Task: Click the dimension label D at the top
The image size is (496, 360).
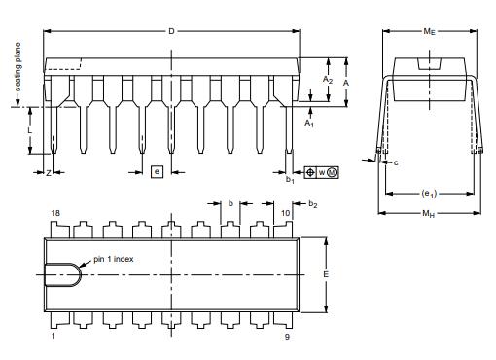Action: coord(171,32)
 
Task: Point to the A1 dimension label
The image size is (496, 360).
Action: coord(309,125)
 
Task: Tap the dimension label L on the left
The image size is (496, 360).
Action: coord(30,128)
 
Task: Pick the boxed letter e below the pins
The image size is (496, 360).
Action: coord(156,172)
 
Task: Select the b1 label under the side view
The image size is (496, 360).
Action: coord(289,179)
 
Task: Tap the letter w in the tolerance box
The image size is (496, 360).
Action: coord(321,172)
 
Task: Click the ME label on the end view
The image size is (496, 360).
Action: coord(429,32)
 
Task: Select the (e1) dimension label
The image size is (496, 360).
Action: coord(429,193)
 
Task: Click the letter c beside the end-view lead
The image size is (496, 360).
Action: coord(397,162)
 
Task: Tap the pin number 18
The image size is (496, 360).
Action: coord(54,212)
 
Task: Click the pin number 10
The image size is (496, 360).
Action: coord(285,212)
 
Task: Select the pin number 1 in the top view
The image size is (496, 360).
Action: coord(53,336)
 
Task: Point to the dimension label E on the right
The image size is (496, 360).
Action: coord(326,274)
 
